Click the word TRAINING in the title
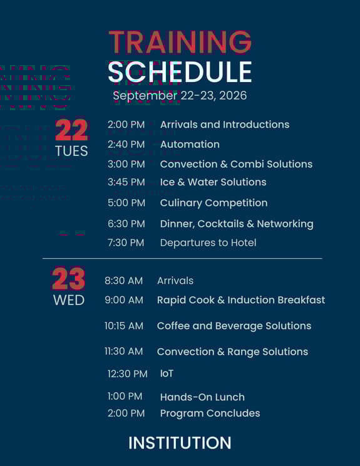(180, 42)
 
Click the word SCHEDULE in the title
(180, 72)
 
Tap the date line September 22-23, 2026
(180, 95)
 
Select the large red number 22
(71, 130)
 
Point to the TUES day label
(71, 151)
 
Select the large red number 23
(68, 279)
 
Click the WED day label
(68, 300)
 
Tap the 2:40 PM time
(126, 144)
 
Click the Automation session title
(190, 144)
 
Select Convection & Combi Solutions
(236, 164)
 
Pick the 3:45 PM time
(126, 182)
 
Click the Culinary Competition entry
(213, 203)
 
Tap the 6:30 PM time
(126, 224)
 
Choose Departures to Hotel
(208, 242)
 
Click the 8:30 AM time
(123, 281)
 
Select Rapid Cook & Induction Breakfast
(241, 300)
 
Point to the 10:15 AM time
(124, 326)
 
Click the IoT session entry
(167, 373)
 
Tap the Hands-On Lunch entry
(202, 397)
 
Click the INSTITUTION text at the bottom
(180, 443)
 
